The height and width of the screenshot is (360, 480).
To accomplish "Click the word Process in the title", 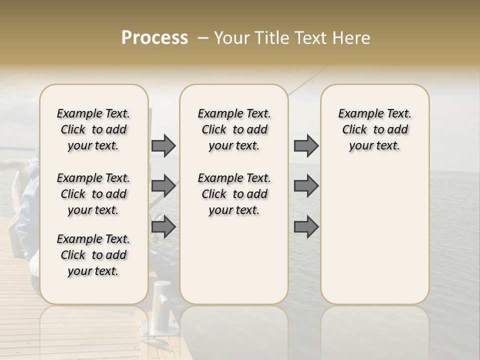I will [x=154, y=38].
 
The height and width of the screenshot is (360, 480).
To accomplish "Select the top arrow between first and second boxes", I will [x=163, y=145].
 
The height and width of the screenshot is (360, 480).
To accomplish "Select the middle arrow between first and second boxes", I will [x=163, y=186].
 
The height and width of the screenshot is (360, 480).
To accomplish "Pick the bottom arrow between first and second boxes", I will [x=163, y=227].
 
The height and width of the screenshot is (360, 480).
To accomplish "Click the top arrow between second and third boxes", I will [x=306, y=145].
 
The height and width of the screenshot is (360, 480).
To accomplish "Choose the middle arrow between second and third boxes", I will [x=306, y=186].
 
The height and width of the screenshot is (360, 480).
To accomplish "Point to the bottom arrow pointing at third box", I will [x=306, y=227].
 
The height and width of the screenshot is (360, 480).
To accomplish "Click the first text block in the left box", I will [x=93, y=129].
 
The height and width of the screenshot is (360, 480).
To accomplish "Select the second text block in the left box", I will [x=93, y=194].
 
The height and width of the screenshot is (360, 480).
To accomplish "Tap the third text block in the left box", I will [x=93, y=255].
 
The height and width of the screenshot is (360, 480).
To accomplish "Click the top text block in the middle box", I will [x=234, y=129].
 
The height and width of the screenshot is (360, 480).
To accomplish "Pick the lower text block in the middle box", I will [x=234, y=194].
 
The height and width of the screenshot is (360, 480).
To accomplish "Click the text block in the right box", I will [x=374, y=129].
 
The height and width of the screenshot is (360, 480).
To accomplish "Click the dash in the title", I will [x=202, y=38].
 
